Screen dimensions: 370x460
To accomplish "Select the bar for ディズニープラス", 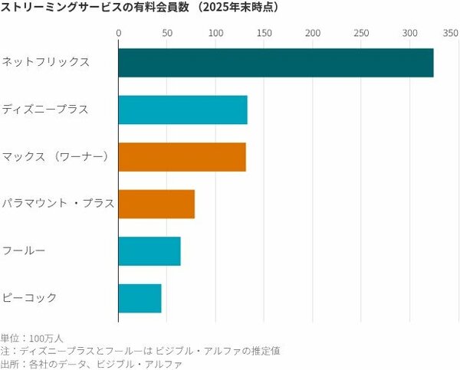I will [182, 110].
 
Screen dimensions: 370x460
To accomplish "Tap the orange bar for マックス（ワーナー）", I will [182, 156].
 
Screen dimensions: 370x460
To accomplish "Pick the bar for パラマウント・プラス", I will [156, 204].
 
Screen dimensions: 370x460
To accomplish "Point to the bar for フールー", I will [149, 250].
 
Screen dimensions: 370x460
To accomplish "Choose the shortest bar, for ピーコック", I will [140, 298].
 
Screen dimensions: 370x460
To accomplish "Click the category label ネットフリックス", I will [46, 61].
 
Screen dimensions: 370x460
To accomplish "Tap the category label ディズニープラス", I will [46, 109].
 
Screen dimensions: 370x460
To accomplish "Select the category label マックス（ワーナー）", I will [57, 156].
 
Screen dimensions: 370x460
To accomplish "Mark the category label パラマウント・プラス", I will [58, 204].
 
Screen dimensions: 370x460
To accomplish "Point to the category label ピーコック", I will [30, 297].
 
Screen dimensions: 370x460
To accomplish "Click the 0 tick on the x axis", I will [119, 33].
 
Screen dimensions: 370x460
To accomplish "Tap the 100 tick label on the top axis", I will [215, 33].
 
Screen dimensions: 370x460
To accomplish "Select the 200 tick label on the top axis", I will [313, 33].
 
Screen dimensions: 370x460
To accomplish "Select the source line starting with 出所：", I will [91, 364].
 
